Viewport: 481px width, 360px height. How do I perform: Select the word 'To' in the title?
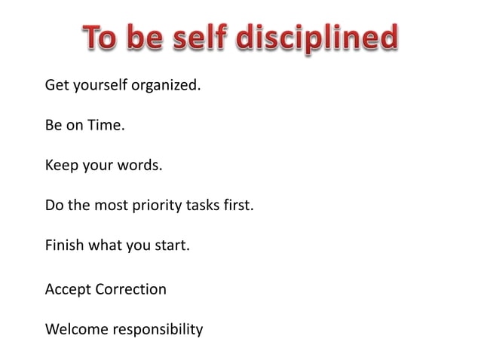[100, 38]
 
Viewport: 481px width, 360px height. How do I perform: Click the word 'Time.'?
[107, 125]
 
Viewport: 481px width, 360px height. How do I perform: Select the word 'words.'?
[138, 165]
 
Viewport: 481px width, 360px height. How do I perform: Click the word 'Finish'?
[65, 245]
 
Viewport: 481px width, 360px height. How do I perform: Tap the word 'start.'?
[170, 245]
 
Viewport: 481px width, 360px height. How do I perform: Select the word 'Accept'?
[68, 289]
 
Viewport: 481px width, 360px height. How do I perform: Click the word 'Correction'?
[131, 289]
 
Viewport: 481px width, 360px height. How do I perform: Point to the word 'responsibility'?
[158, 330]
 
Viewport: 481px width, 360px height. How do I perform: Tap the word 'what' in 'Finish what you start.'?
[105, 245]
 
